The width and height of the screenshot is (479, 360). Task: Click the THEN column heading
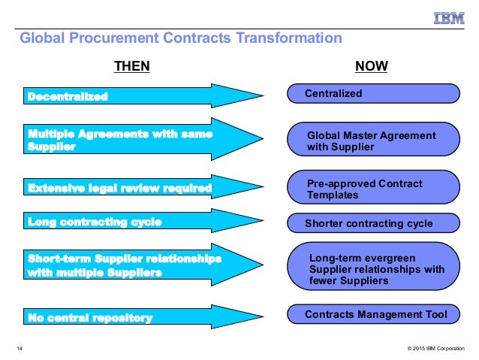[131, 67]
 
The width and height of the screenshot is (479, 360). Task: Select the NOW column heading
[371, 67]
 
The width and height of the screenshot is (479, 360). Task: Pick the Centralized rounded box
[372, 94]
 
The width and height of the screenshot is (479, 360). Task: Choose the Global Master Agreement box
[372, 141]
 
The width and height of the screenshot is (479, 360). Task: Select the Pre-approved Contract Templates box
[372, 189]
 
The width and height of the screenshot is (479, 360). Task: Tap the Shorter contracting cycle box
[372, 223]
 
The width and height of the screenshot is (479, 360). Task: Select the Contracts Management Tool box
[372, 314]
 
